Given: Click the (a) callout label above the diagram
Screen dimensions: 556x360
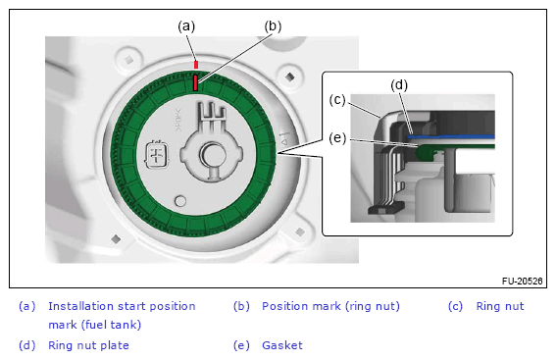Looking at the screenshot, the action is tap(186, 26).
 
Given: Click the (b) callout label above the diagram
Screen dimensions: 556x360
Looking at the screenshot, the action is tap(273, 26).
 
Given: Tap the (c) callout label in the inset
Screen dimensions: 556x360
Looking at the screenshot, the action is tap(337, 100).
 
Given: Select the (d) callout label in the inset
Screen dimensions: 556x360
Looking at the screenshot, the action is tap(399, 85).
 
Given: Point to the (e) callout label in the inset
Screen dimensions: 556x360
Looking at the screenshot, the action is tap(337, 137).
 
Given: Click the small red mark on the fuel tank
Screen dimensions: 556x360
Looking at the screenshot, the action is tap(196, 65).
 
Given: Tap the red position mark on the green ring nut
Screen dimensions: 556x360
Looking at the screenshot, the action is tap(195, 82).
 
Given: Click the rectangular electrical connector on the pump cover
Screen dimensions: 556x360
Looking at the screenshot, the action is tap(156, 155).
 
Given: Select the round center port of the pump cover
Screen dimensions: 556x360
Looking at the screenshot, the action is tap(213, 155).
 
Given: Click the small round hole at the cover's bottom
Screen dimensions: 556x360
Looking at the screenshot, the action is tap(180, 201).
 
